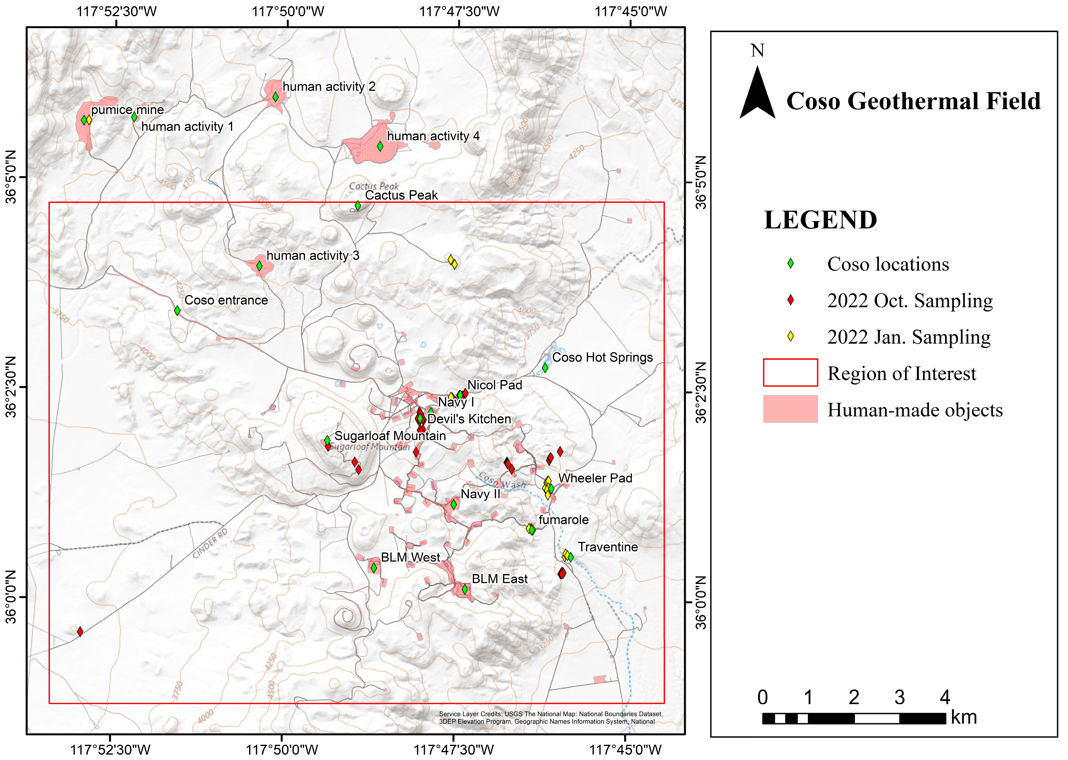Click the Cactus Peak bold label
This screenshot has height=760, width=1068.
tap(401, 195)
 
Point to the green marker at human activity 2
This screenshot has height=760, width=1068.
tap(276, 97)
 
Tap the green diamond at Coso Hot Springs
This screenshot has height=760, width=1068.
tap(545, 368)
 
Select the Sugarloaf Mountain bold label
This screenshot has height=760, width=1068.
tap(390, 436)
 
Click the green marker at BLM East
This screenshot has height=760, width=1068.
tap(465, 590)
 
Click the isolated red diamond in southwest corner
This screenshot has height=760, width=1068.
tap(80, 632)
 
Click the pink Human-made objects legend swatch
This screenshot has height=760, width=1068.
tap(790, 409)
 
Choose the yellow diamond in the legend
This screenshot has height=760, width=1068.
tap(790, 336)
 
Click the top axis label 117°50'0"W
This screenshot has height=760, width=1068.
tap(288, 11)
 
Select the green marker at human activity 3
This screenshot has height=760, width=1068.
tap(259, 266)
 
